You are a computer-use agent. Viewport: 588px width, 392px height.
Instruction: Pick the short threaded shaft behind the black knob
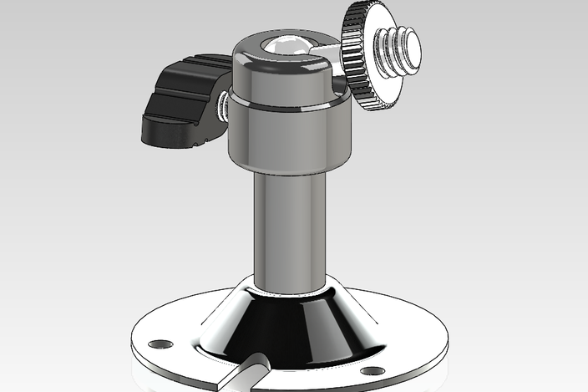coord(224,105)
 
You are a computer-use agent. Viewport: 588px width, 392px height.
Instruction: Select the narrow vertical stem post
coord(288,226)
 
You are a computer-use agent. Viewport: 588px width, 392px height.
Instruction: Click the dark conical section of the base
coord(292,330)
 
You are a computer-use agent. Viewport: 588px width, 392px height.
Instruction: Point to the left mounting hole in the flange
coord(160,344)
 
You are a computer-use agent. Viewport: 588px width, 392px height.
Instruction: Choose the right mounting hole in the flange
coord(373,370)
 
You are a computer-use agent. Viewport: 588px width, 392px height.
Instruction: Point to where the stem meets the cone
coord(288,288)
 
